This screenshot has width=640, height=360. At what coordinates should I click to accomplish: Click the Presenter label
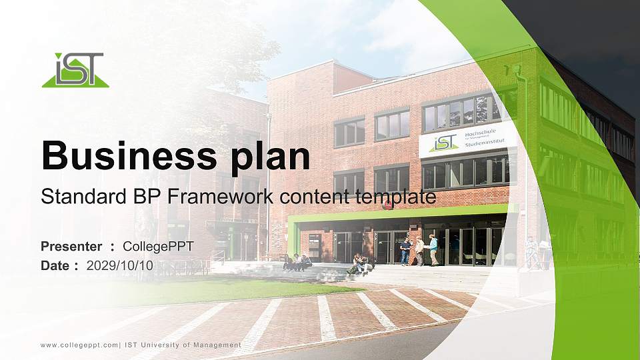[x=71, y=247]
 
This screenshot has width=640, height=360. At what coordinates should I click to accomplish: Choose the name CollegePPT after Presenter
[x=159, y=247]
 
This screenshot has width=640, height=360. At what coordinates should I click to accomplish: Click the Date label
[x=56, y=265]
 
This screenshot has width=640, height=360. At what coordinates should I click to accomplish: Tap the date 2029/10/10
[x=120, y=265]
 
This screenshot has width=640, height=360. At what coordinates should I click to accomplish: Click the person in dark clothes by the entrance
[x=405, y=251]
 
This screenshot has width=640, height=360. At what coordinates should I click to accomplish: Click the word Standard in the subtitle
[x=70, y=197]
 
